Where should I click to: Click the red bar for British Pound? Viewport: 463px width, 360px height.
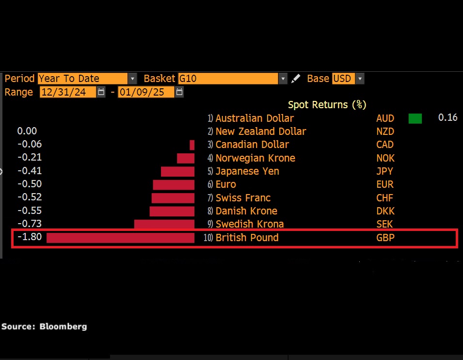point(120,238)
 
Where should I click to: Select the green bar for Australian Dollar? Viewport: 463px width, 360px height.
point(415,118)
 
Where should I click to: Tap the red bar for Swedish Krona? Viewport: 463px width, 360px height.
point(164,224)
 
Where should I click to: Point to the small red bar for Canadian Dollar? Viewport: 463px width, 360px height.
point(192,145)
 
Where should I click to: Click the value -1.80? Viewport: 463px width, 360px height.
point(30,237)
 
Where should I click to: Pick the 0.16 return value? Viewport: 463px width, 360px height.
point(447,118)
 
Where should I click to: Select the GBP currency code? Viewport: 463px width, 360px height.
point(385,238)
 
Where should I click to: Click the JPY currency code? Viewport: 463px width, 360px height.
point(385,171)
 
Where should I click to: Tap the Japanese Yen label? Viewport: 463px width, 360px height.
point(247,171)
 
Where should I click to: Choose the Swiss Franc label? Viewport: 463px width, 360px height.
point(243,198)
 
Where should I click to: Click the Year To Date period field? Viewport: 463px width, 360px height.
point(82,79)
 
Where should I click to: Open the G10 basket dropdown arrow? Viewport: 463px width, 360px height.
point(283,79)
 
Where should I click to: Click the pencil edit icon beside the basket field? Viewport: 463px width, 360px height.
point(296,79)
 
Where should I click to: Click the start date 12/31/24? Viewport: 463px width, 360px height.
point(68,92)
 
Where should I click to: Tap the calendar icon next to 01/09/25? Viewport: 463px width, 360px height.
point(179,92)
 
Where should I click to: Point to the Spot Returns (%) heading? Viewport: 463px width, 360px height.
point(327,105)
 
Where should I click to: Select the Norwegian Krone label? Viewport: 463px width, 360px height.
point(255,158)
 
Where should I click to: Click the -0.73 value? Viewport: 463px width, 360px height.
point(30,224)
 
